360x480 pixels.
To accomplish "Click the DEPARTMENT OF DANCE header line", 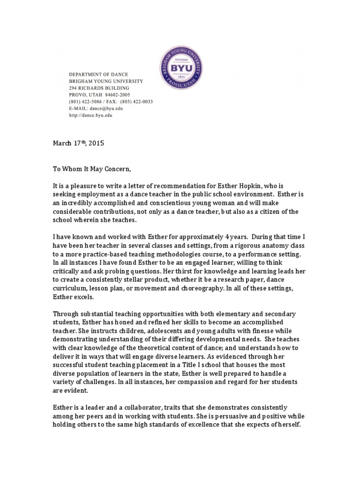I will click(x=98, y=75).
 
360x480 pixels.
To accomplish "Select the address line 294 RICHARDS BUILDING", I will click(x=99, y=88).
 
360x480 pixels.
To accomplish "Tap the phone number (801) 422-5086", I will click(x=86, y=102).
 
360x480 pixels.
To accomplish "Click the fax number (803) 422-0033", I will click(x=136, y=102).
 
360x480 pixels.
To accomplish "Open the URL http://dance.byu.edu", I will click(x=90, y=115).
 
